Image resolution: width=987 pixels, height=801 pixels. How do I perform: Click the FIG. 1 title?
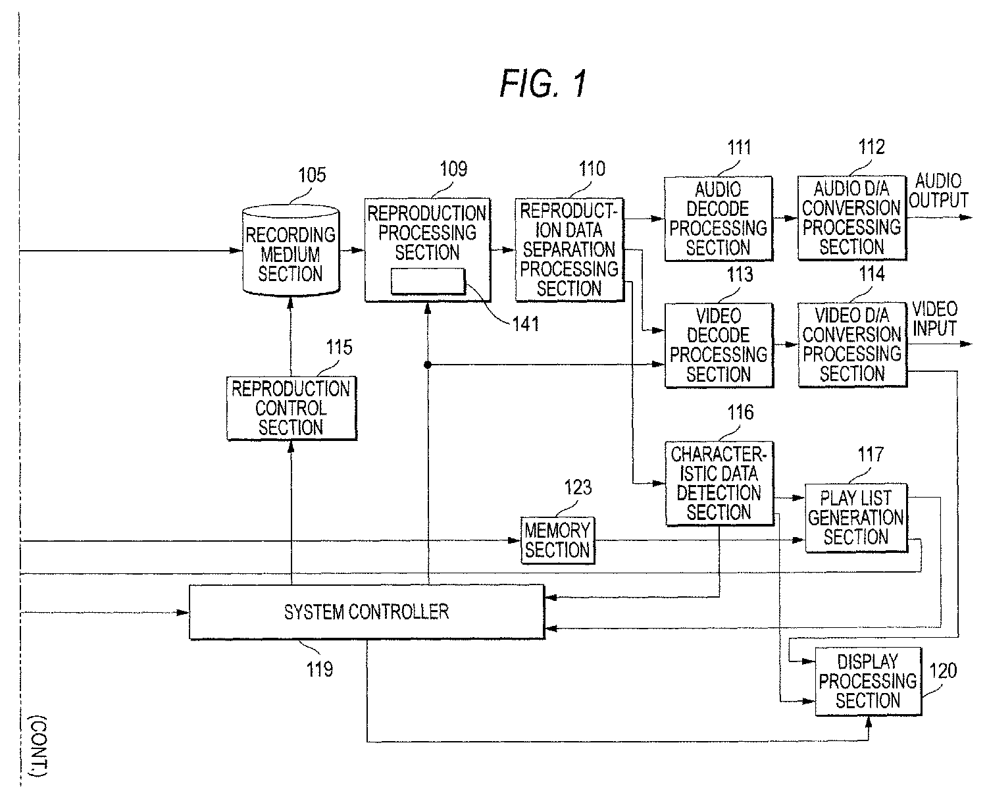pyautogui.click(x=542, y=84)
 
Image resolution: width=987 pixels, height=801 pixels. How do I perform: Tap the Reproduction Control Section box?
pyautogui.click(x=291, y=408)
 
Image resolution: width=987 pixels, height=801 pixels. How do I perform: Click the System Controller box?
pyautogui.click(x=367, y=612)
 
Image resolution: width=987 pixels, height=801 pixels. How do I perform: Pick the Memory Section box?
pyautogui.click(x=557, y=540)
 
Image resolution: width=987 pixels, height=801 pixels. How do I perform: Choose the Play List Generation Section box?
pyautogui.click(x=855, y=518)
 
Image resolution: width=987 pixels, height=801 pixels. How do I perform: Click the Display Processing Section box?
pyautogui.click(x=868, y=681)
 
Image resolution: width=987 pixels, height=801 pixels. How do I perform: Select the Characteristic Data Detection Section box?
pyautogui.click(x=719, y=484)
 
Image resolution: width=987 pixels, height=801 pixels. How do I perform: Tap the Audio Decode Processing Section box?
pyautogui.click(x=718, y=219)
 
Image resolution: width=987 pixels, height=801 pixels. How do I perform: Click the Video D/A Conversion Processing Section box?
pyautogui.click(x=851, y=344)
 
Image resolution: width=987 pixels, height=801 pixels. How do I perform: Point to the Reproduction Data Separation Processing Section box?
pyautogui.click(x=569, y=250)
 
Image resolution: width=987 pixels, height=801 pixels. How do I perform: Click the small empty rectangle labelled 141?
pyautogui.click(x=428, y=281)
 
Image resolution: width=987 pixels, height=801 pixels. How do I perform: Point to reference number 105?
pyautogui.click(x=311, y=175)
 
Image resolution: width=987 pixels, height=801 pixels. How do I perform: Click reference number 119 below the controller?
pyautogui.click(x=319, y=669)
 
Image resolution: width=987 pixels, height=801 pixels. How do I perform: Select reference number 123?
pyautogui.click(x=578, y=488)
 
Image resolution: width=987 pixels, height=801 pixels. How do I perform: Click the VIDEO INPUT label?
pyautogui.click(x=934, y=319)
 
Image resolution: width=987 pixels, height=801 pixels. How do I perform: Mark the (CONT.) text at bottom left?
pyautogui.click(x=38, y=747)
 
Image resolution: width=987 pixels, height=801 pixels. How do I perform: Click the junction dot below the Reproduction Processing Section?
pyautogui.click(x=428, y=364)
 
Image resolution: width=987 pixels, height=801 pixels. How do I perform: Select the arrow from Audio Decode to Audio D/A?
pyautogui.click(x=785, y=217)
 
